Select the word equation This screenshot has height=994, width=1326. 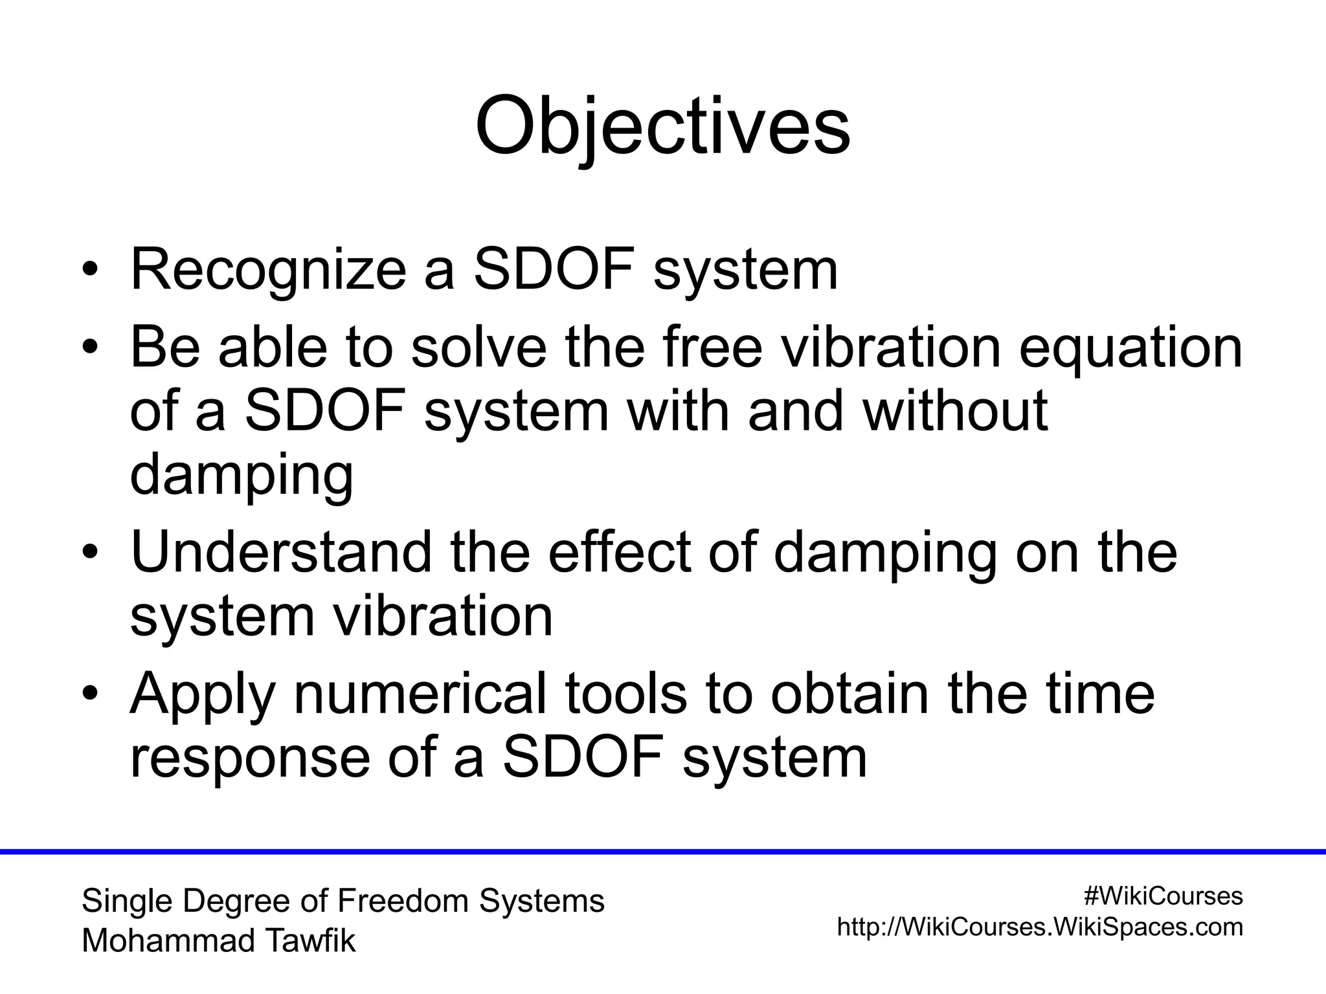[x=1130, y=348]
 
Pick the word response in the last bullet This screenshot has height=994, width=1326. [x=250, y=757]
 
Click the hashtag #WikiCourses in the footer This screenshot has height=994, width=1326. [x=1163, y=896]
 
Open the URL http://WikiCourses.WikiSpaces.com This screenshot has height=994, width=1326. [x=1040, y=927]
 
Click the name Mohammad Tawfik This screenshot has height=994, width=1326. [x=219, y=941]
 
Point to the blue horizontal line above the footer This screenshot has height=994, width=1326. [x=663, y=852]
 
